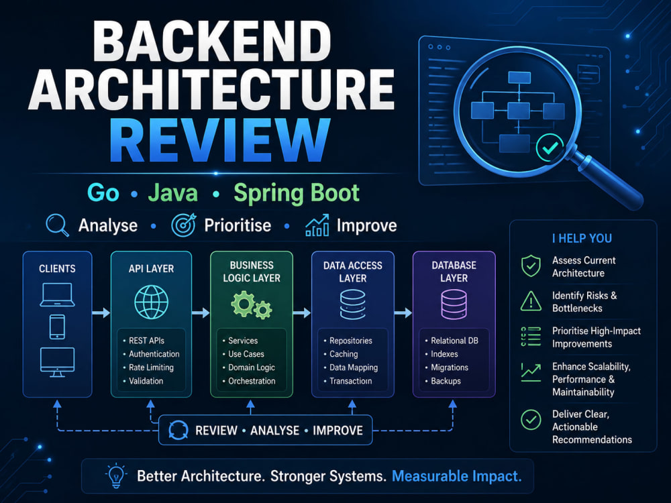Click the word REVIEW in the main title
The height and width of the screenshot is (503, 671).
[220, 140]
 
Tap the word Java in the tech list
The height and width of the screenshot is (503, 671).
[173, 193]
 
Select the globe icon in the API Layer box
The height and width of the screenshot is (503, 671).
[151, 302]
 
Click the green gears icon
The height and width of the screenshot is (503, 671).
[251, 304]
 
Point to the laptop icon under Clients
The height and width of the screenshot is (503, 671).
[57, 294]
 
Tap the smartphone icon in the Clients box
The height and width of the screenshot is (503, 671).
[57, 327]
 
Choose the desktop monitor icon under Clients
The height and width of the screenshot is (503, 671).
[57, 362]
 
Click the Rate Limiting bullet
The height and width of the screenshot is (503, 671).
[151, 368]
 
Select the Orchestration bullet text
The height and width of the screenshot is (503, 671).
[252, 381]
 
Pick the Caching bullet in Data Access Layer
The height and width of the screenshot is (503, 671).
[344, 353]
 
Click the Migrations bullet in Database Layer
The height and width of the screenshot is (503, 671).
[450, 368]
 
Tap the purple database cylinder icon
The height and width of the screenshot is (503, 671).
[454, 304]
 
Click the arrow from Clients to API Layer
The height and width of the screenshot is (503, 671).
[101, 313]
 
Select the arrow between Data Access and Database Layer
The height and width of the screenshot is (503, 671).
[403, 313]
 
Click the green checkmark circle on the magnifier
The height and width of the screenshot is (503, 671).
[550, 148]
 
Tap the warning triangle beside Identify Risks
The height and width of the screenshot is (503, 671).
[531, 301]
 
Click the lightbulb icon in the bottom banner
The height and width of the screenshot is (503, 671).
[116, 476]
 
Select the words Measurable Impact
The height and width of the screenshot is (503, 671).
[456, 476]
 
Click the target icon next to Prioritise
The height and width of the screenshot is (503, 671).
[184, 225]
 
